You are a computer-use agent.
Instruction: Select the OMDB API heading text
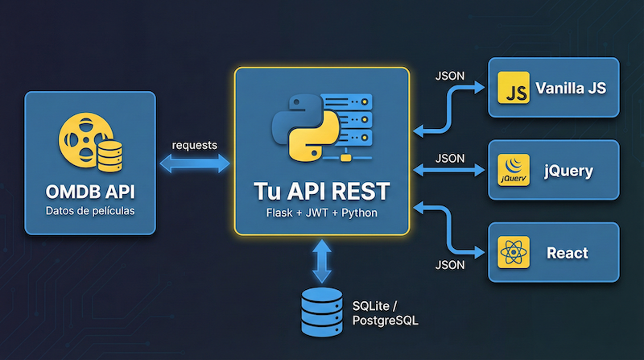(89, 193)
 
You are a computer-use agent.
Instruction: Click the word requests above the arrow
(194, 145)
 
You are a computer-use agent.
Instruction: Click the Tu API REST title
(322, 192)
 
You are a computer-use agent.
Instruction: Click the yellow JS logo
(513, 89)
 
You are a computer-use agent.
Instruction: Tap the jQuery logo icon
(513, 171)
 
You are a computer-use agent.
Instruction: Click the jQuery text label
(568, 171)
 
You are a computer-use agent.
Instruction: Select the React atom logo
(513, 253)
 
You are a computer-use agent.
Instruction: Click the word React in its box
(568, 253)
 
